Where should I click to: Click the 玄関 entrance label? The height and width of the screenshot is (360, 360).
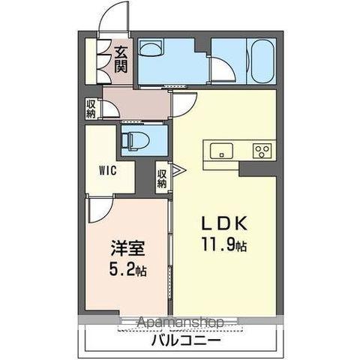click(x=121, y=58)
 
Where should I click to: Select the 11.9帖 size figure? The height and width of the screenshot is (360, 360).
click(x=223, y=243)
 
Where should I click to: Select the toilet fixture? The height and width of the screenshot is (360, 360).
click(x=135, y=139)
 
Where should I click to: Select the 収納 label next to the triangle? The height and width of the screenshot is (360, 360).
click(x=162, y=178)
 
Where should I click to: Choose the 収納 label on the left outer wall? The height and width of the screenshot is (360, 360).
click(x=91, y=109)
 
